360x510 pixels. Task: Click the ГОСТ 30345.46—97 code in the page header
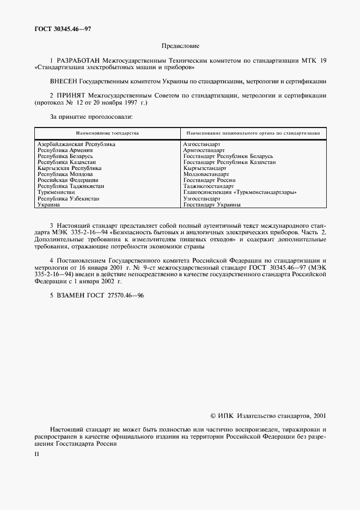tap(60, 28)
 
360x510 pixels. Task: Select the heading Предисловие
tap(180, 46)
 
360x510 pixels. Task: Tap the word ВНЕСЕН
tap(64, 81)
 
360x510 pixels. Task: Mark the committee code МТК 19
tap(313, 60)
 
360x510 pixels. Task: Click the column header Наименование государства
tap(107, 133)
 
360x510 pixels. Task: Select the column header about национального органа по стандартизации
tap(253, 133)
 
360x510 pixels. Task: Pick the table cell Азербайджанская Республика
tap(76, 144)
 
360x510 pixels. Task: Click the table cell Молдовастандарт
tap(206, 174)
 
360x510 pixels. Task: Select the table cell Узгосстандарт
tap(202, 199)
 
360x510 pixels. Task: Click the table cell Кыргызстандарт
tap(205, 168)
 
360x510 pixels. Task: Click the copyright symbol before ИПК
tap(213, 416)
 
